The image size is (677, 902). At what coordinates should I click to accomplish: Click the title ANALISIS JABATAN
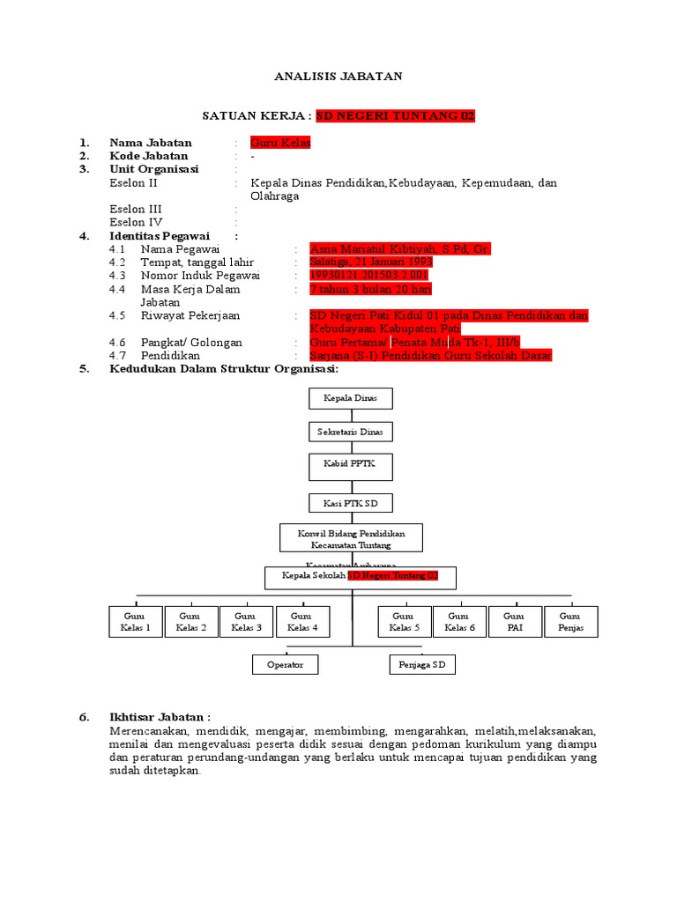click(x=338, y=77)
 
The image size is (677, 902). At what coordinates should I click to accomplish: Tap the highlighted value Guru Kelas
click(x=280, y=143)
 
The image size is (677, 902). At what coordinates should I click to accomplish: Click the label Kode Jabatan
click(x=148, y=156)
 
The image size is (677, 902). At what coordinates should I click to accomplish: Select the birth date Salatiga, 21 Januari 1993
click(x=371, y=262)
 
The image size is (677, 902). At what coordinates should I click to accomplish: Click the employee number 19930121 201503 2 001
click(x=369, y=276)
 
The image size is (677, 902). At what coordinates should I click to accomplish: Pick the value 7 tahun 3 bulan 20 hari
click(x=370, y=289)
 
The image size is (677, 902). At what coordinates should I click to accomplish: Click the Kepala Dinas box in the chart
click(x=351, y=398)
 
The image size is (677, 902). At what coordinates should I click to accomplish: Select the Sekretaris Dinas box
click(x=351, y=432)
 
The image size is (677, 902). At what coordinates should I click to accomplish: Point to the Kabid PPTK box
click(x=351, y=466)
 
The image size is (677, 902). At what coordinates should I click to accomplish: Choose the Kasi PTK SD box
click(x=351, y=503)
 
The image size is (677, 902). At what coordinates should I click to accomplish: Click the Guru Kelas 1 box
click(x=136, y=622)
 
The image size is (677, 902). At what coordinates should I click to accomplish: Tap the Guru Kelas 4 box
click(x=302, y=622)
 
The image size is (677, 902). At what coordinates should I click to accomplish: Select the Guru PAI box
click(x=514, y=622)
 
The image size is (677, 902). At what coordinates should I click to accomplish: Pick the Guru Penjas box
click(x=570, y=622)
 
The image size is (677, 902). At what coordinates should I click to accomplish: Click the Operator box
click(x=285, y=664)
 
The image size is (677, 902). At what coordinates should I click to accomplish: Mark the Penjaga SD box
click(x=422, y=664)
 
